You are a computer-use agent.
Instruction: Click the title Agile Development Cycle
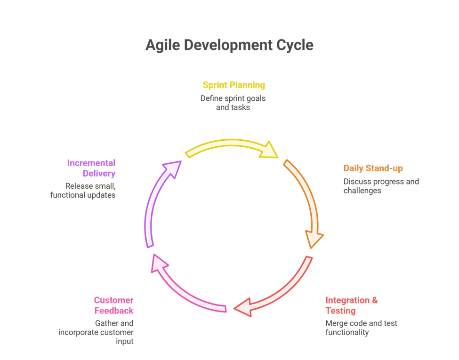coord(229,45)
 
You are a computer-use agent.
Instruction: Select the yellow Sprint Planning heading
coord(234,85)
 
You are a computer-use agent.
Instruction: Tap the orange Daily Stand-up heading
coord(373,168)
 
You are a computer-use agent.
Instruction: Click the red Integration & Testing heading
coord(351,305)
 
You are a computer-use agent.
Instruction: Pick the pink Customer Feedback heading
coord(113,305)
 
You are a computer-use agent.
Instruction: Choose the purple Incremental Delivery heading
coord(91,168)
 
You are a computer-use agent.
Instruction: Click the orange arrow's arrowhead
coord(314,239)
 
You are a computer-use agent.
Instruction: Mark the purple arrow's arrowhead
coord(172,168)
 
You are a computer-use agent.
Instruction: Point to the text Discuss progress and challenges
coord(381,186)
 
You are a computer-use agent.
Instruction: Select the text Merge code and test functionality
coord(361,328)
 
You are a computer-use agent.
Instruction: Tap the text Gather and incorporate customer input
coord(96,332)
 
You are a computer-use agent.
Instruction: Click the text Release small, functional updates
coord(83,190)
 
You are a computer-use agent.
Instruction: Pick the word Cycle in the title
coord(294,45)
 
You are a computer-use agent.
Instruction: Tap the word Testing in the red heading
coord(340,311)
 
